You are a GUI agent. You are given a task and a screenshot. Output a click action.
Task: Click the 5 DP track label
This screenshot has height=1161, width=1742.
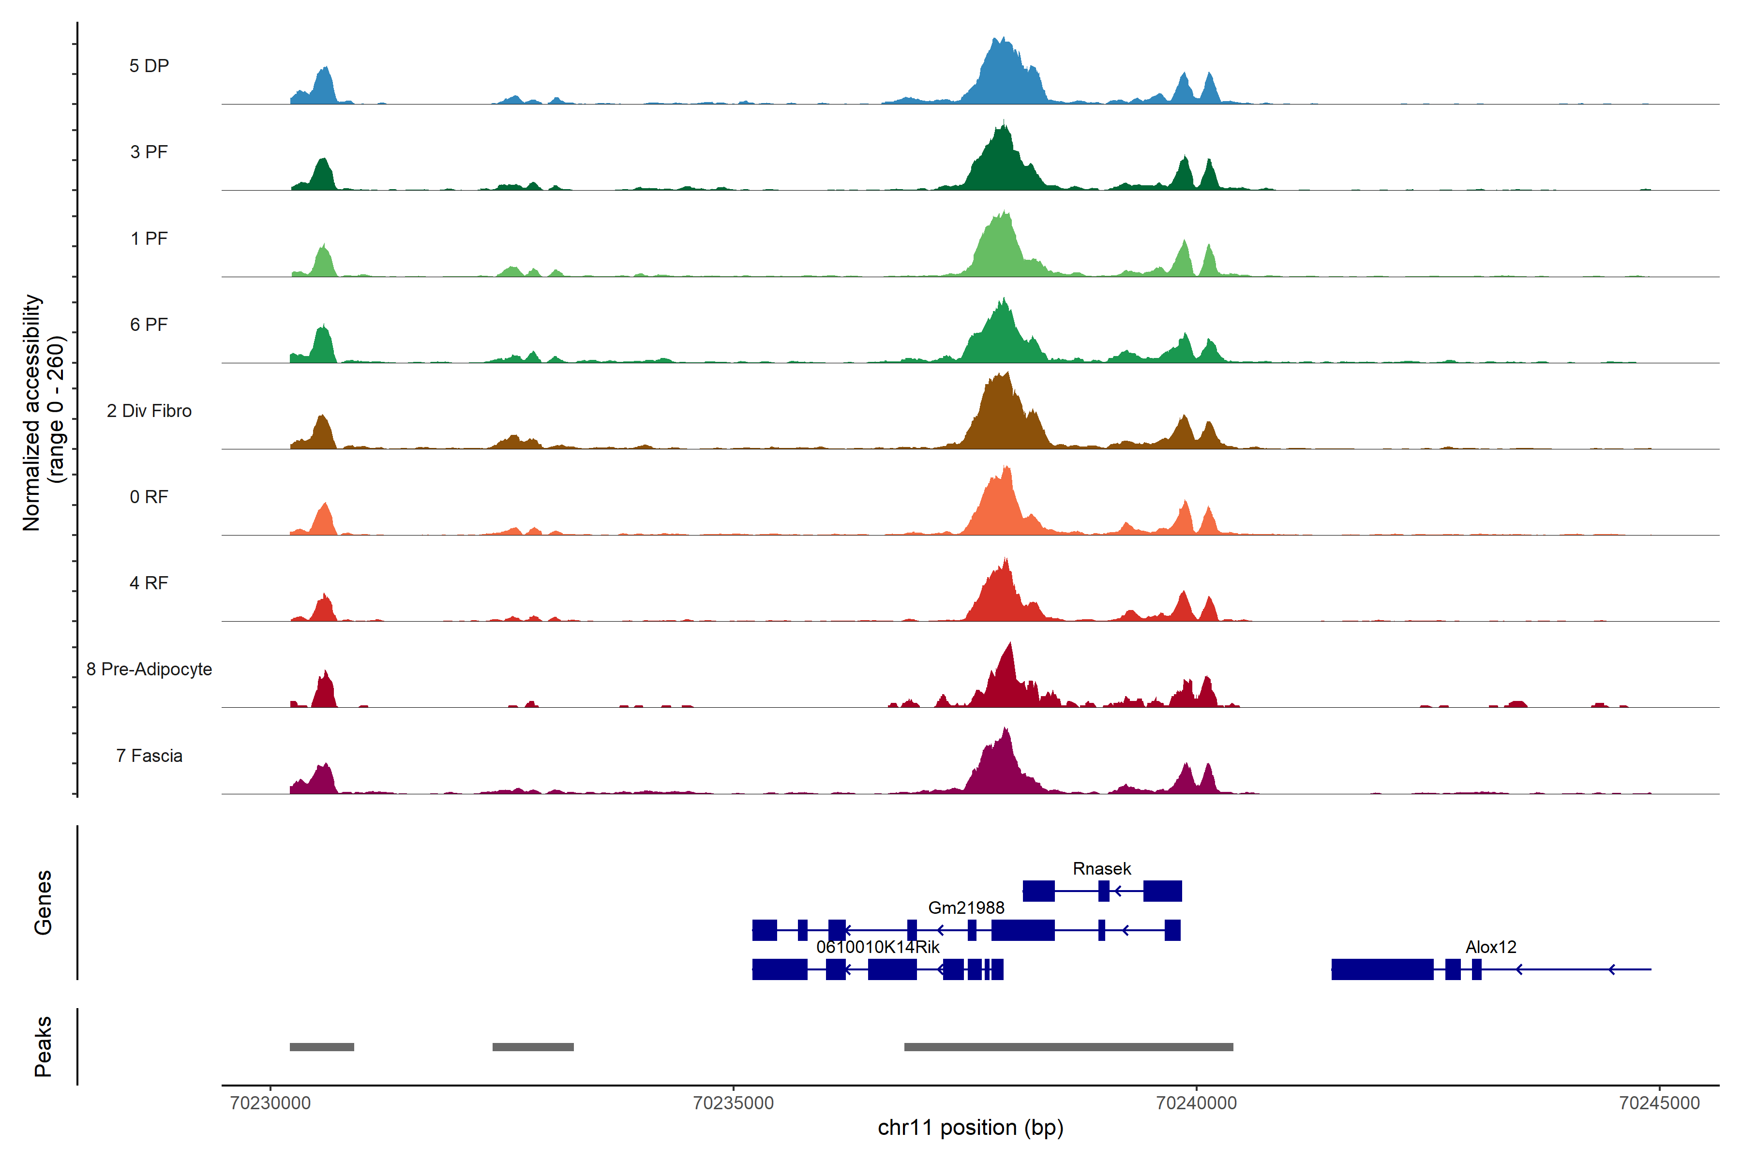click(x=149, y=66)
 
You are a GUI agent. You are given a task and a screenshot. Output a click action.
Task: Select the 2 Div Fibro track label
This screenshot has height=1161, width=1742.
click(x=149, y=411)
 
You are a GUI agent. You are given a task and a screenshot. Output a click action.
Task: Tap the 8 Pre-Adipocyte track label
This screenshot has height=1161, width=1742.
click(x=149, y=670)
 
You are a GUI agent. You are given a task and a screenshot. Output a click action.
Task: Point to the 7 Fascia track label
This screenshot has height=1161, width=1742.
click(x=149, y=756)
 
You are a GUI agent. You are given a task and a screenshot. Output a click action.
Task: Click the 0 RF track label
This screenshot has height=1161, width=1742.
click(x=149, y=497)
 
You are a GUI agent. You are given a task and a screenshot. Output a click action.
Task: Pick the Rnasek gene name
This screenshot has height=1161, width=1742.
click(x=1101, y=868)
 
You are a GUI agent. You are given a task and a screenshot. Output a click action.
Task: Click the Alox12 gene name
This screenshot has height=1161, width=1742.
click(x=1490, y=947)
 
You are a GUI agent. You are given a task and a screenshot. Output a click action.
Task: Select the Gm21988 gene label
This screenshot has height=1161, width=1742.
click(x=966, y=908)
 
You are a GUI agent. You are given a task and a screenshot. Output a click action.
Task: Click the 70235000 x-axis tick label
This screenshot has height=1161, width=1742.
click(x=733, y=1103)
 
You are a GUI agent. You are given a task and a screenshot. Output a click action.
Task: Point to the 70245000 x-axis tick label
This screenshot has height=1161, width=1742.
click(x=1659, y=1103)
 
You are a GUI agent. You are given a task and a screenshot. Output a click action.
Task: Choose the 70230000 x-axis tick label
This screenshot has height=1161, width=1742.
click(x=270, y=1103)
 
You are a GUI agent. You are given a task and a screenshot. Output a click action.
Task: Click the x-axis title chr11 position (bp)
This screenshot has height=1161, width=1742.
click(x=970, y=1128)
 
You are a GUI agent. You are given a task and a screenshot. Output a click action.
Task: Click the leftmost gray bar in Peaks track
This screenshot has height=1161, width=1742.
click(x=321, y=1047)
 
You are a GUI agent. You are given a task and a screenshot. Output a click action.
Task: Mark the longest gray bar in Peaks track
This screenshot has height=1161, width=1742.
click(x=1068, y=1047)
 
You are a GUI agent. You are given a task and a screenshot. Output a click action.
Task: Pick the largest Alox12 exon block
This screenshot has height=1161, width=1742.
click(x=1382, y=969)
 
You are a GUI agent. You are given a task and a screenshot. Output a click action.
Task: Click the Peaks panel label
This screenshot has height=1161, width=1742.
click(x=43, y=1046)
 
